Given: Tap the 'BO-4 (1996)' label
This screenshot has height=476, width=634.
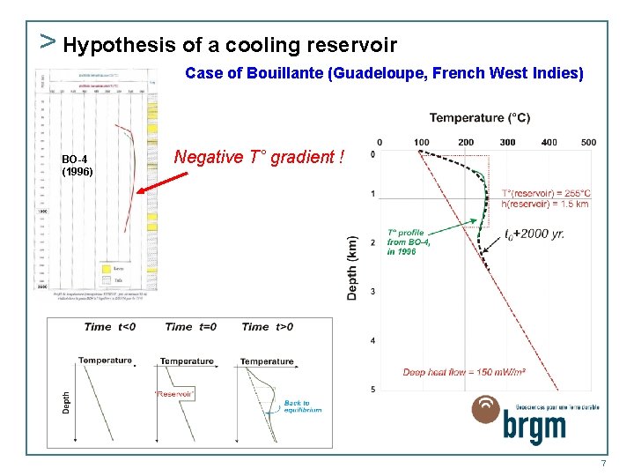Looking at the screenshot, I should pyautogui.click(x=77, y=166).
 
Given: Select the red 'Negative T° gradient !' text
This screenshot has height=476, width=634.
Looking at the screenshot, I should pyautogui.click(x=260, y=157).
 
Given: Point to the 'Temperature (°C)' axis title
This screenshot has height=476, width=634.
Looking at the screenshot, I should pyautogui.click(x=480, y=118).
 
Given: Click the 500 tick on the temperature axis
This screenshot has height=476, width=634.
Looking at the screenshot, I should pyautogui.click(x=588, y=142).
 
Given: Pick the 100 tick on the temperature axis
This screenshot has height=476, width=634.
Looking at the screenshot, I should pyautogui.click(x=422, y=142).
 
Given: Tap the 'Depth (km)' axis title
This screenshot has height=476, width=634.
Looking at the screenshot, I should pyautogui.click(x=353, y=267).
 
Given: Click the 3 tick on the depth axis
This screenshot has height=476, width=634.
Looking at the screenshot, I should pyautogui.click(x=372, y=291).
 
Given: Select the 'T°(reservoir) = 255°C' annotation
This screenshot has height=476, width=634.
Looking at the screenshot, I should pyautogui.click(x=546, y=193).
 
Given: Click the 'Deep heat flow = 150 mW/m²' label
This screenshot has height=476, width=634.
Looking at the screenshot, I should pyautogui.click(x=464, y=373).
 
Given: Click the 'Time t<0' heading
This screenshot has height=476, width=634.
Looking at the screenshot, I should pyautogui.click(x=110, y=327).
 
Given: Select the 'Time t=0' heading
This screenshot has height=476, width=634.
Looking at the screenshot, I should pyautogui.click(x=190, y=327).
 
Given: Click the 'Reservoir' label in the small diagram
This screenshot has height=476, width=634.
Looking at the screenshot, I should pyautogui.click(x=173, y=394).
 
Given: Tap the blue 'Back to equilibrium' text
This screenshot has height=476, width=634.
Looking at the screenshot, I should pyautogui.click(x=302, y=406).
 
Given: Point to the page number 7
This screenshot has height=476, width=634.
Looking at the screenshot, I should pyautogui.click(x=603, y=464).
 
